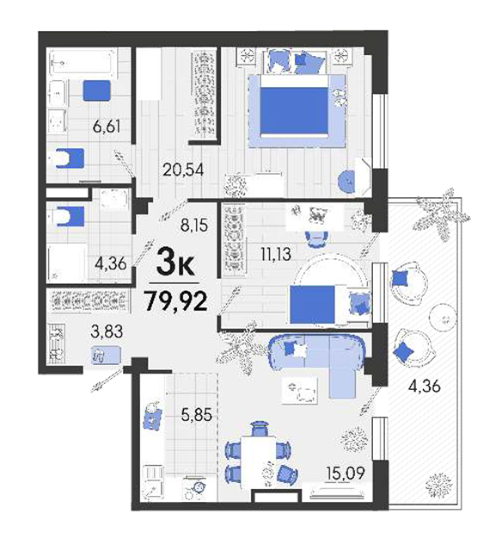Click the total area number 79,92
click(176, 302)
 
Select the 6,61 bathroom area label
click(107, 127)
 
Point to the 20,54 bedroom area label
click(183, 170)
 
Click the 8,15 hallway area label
click(194, 226)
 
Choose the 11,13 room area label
click(276, 254)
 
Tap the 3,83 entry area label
click(107, 331)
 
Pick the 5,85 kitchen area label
click(197, 415)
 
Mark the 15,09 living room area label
click(346, 473)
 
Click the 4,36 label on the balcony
click(424, 387)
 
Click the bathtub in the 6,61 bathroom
click(83, 63)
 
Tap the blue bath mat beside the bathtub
click(97, 90)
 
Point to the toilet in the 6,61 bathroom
click(70, 158)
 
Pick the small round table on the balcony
click(443, 319)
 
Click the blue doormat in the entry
click(107, 356)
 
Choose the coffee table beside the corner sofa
click(300, 390)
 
